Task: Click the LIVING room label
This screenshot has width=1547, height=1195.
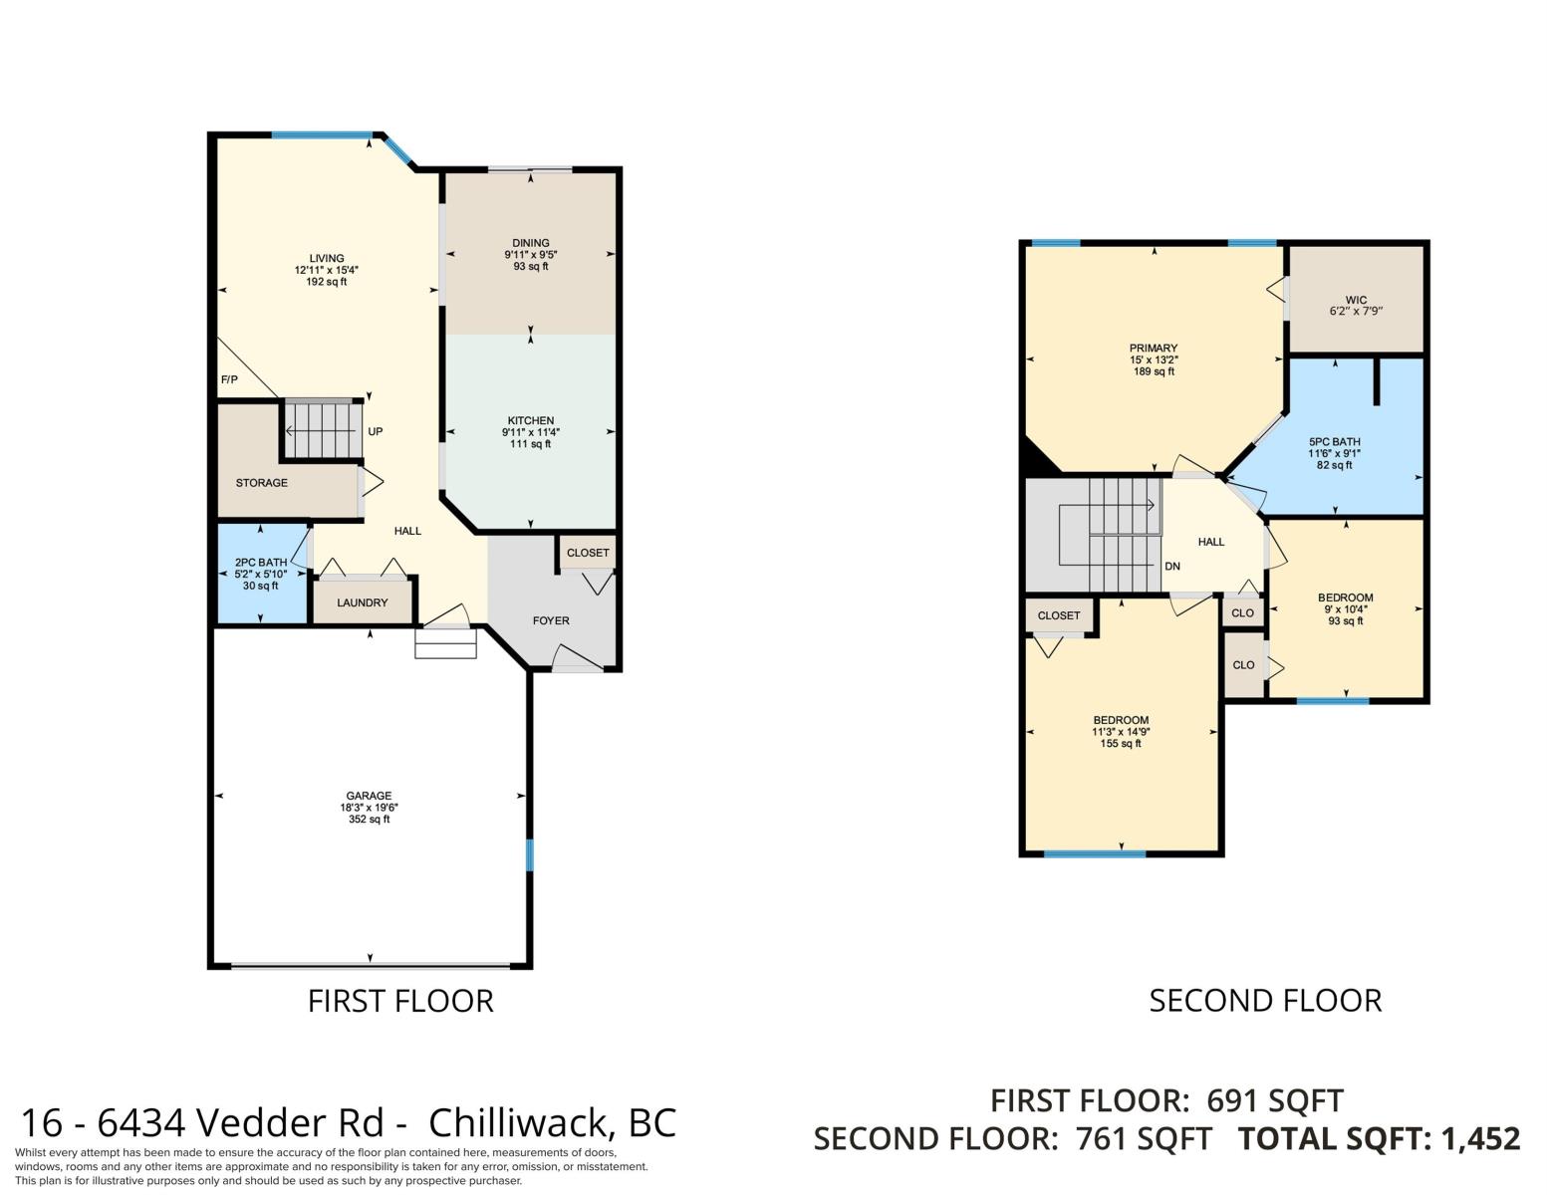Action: click(x=327, y=258)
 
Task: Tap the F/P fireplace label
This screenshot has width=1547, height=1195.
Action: click(x=229, y=380)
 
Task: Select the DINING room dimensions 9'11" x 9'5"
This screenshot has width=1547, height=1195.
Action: click(x=530, y=255)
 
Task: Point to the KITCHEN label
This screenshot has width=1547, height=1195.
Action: click(x=530, y=420)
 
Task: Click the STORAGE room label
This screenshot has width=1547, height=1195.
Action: click(x=262, y=483)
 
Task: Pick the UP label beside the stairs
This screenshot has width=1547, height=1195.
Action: click(x=376, y=431)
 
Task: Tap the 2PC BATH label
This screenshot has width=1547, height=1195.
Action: click(x=261, y=563)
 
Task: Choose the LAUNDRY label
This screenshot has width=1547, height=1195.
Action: click(x=363, y=602)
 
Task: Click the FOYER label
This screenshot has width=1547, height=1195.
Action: click(x=551, y=620)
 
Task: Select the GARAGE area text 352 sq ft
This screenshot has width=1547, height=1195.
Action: click(x=369, y=820)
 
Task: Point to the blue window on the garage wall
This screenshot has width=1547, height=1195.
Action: click(x=529, y=854)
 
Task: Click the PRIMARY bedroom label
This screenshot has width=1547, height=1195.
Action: click(x=1154, y=348)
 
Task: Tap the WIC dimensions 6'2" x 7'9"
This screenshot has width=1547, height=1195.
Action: click(x=1356, y=311)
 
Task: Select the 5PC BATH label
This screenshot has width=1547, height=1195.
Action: click(x=1334, y=442)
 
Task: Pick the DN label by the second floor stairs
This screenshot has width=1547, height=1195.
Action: click(x=1172, y=567)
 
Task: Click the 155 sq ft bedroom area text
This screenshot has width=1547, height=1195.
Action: click(x=1121, y=744)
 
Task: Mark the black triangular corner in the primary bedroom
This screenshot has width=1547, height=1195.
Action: click(x=1036, y=460)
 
